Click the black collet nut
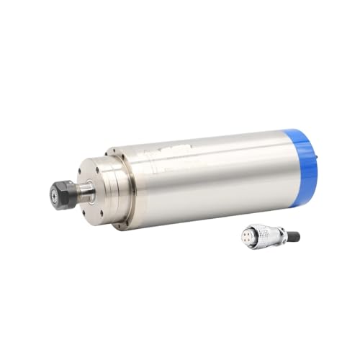click(63, 194)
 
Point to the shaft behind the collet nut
click(84, 192)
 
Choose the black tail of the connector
click(293, 236)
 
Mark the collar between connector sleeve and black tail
click(282, 236)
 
